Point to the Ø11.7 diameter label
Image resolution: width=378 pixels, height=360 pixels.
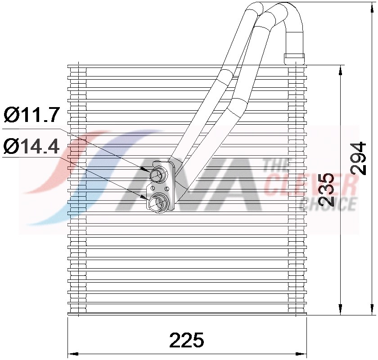point(31,116)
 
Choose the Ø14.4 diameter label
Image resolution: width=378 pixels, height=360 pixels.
point(31,146)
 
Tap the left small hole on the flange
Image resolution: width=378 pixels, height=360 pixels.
point(153,188)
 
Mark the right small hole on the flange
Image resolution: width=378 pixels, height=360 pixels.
point(167,188)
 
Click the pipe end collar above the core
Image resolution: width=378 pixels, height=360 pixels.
point(294,58)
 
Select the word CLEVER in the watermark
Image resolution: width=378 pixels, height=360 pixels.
point(310,185)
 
